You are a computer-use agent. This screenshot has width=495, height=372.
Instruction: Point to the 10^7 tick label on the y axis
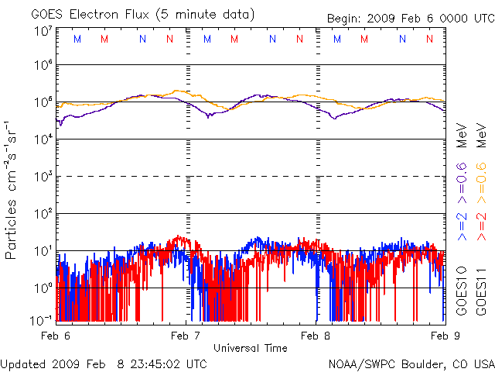point(42,32)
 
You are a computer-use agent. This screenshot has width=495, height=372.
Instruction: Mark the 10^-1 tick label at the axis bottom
point(40,318)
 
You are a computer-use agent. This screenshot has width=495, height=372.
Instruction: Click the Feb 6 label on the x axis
point(56,336)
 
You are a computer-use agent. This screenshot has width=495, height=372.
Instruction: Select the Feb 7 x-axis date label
point(186,336)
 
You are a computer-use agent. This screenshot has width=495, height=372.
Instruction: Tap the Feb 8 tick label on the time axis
point(317,336)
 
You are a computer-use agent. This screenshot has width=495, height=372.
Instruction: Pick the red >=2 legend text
point(480,224)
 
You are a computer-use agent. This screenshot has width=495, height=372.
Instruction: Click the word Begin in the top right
point(344,18)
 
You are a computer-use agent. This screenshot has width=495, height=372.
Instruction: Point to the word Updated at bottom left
point(23,363)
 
